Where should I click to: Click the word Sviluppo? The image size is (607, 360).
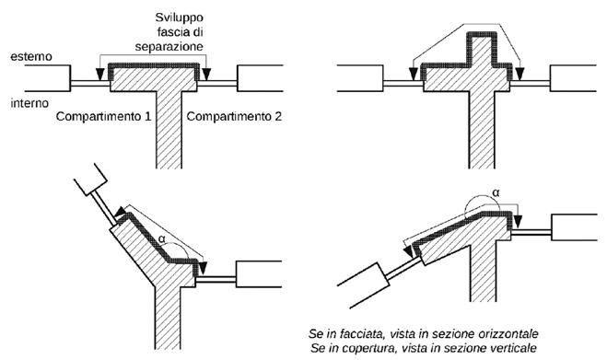tap(180, 18)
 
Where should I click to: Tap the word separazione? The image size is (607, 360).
tap(169, 47)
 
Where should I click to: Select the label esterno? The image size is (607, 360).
tap(31, 56)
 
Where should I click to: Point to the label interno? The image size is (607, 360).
tap(29, 103)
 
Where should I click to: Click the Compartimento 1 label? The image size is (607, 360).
tap(103, 116)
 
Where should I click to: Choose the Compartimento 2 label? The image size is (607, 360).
tap(234, 116)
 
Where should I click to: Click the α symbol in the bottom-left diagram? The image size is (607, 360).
tap(162, 238)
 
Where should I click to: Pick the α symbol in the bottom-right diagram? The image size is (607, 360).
tap(496, 192)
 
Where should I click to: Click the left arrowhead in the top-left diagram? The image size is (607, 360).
tap(100, 74)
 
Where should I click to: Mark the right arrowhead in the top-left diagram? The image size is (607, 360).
tap(206, 74)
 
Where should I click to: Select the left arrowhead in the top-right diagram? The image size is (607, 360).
tap(414, 73)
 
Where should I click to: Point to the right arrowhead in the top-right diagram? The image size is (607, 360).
tap(519, 73)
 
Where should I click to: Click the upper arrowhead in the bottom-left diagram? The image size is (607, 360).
tap(120, 212)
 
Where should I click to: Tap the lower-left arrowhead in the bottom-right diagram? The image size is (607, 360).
tap(408, 250)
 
